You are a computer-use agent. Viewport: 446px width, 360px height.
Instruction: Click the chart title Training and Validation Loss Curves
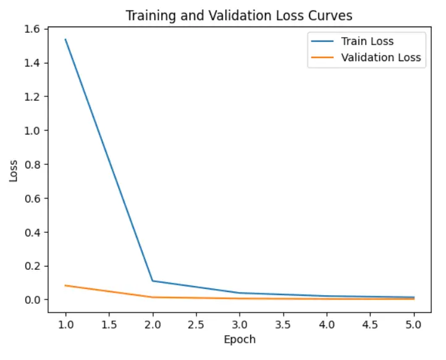coord(239,15)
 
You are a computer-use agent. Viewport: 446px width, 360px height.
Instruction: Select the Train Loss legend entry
coord(367,42)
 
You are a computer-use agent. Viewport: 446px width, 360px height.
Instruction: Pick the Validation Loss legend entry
coord(381,57)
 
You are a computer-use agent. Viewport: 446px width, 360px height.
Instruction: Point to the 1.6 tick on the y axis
coord(33,29)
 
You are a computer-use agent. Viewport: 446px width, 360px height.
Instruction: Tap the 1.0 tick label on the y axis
coord(33,131)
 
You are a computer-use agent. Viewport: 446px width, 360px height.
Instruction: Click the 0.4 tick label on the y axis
coord(33,233)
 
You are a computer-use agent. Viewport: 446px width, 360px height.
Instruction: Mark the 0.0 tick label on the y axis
coord(33,300)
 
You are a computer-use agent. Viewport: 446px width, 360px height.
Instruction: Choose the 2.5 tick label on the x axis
coord(196,324)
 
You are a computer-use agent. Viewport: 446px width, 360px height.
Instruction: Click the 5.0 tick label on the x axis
coord(414,324)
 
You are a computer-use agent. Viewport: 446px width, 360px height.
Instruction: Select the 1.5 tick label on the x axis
coord(109,324)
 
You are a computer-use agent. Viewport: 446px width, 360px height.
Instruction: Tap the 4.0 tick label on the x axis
coord(327,324)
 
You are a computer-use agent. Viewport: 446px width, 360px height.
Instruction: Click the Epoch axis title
coord(240,339)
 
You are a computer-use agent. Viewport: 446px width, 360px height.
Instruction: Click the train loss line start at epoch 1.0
coord(65,40)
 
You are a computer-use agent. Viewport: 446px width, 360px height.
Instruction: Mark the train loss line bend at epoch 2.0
coord(153,281)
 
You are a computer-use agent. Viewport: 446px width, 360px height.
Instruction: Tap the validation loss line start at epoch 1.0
coord(65,285)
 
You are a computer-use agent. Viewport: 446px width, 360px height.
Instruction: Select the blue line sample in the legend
coord(321,42)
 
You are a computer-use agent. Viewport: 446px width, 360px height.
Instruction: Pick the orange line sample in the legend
coord(321,57)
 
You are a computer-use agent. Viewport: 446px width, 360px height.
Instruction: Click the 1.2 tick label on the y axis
coord(33,97)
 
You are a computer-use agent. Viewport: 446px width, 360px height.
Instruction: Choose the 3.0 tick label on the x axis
coord(240,324)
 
